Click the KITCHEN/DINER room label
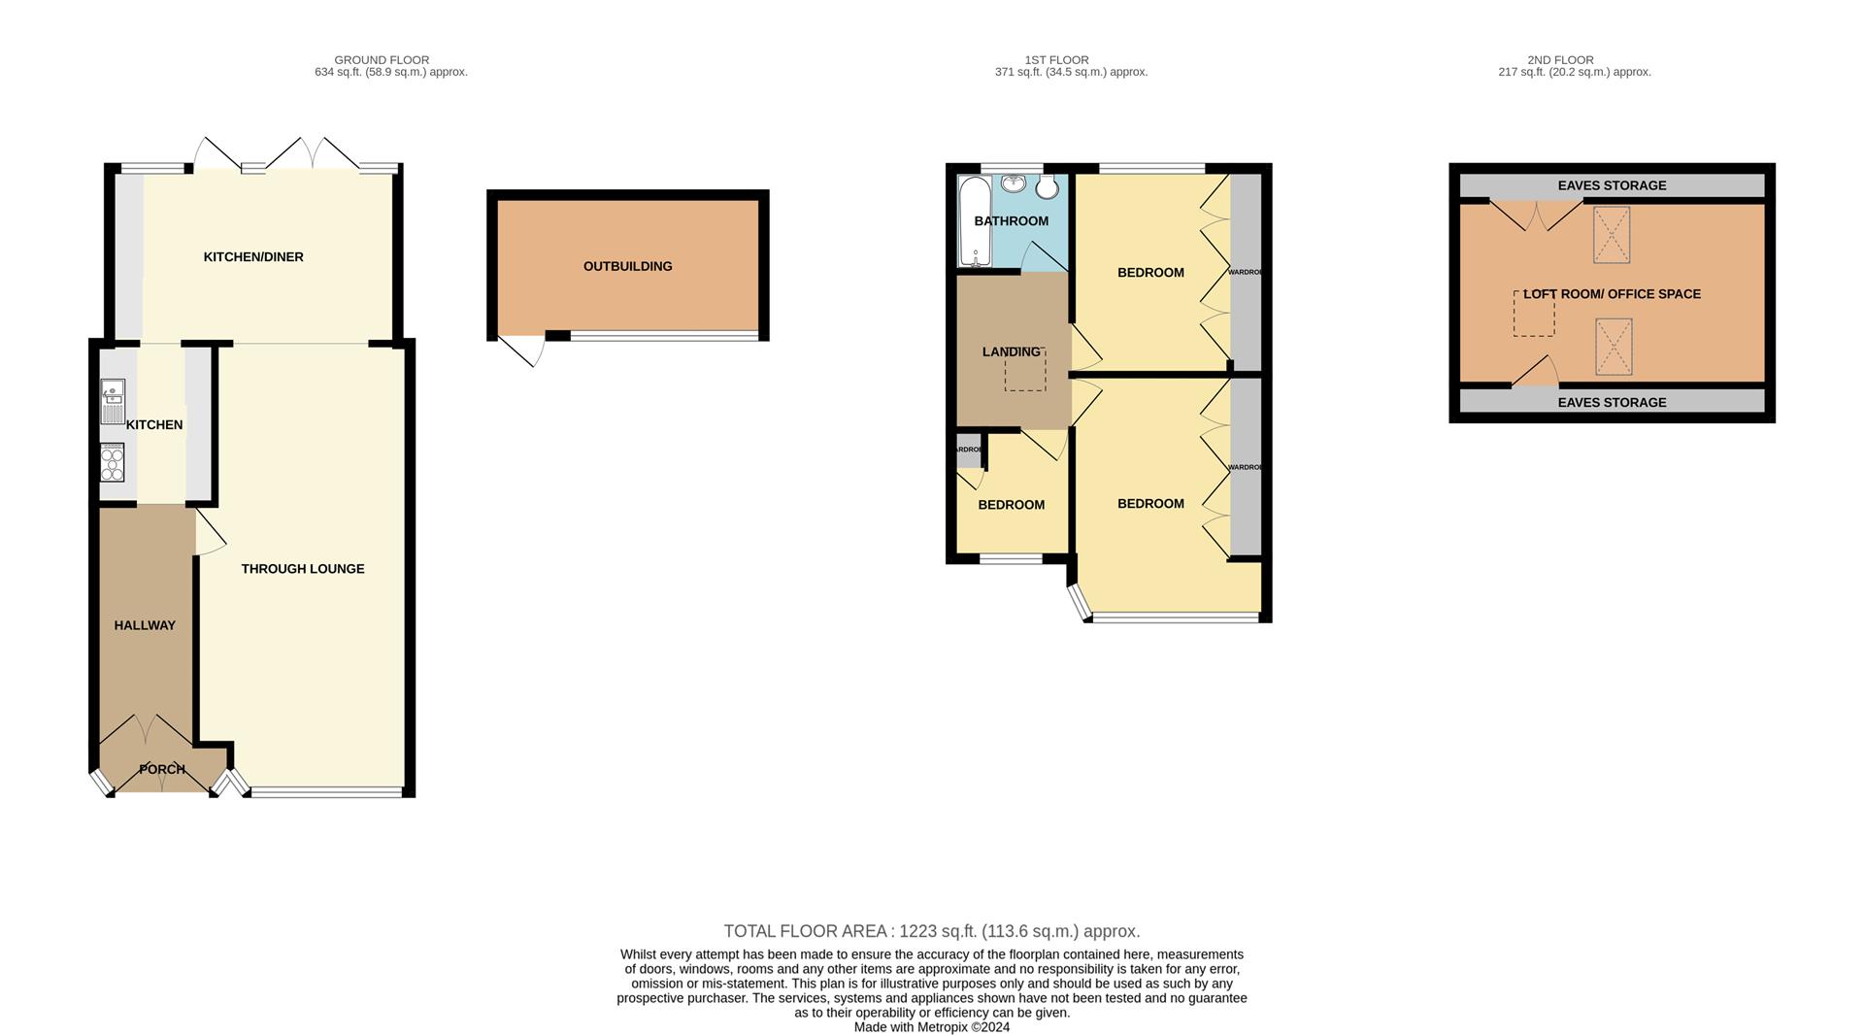[x=253, y=257]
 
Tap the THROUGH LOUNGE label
[x=303, y=569]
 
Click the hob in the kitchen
[x=113, y=462]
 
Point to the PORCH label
[x=162, y=769]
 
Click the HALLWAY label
[x=145, y=625]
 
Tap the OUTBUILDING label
[x=627, y=266]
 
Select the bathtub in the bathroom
[x=972, y=221]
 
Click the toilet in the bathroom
[x=1048, y=186]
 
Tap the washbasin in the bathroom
[x=1014, y=184]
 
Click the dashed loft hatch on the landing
[x=1025, y=371]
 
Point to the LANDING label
[x=1011, y=351]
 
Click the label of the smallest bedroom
[x=1011, y=505]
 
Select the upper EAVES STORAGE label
[x=1612, y=185]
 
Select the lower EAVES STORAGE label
[x=1612, y=402]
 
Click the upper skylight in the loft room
[x=1612, y=235]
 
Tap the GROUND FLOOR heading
[x=382, y=60]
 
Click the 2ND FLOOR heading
[x=1560, y=60]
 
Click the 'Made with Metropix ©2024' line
[x=931, y=1027]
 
